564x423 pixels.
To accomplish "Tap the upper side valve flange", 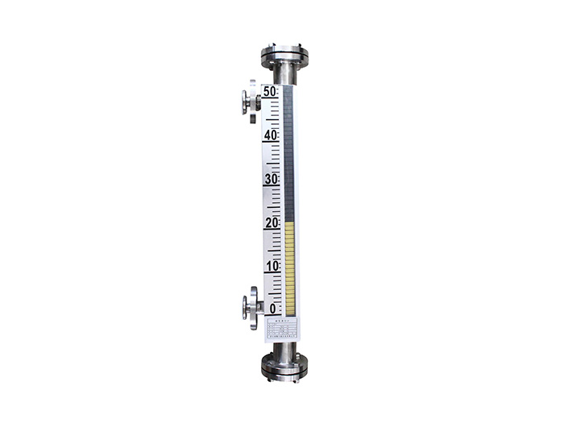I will click(x=251, y=102).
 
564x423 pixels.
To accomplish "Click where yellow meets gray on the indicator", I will click(x=289, y=225).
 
